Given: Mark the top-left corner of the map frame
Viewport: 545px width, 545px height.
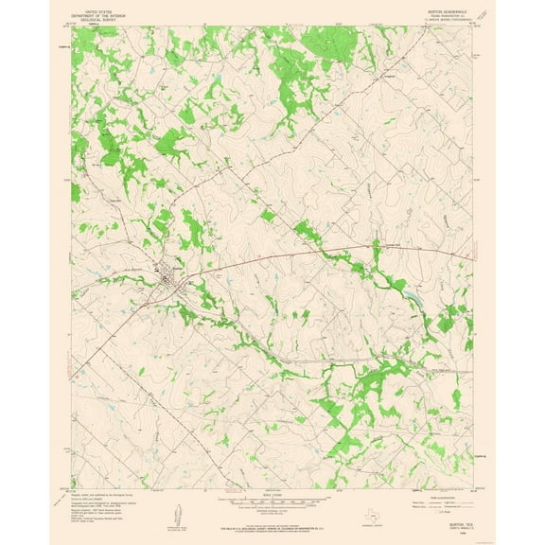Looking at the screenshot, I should [72, 26].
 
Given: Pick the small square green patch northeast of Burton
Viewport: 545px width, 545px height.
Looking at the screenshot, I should [269, 216].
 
